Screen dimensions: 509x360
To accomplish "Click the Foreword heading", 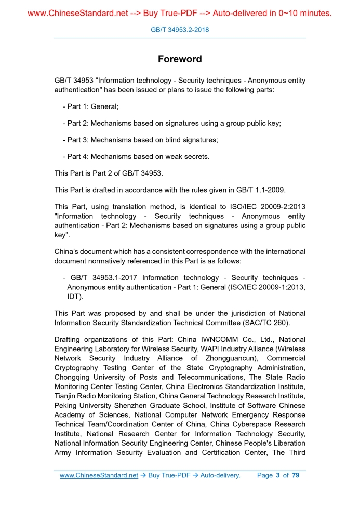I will click(180, 59).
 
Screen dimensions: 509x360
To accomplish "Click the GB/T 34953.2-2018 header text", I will click(180, 30).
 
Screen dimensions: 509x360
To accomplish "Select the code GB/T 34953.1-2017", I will click(104, 278).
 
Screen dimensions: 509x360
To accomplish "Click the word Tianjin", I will click(66, 396).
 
